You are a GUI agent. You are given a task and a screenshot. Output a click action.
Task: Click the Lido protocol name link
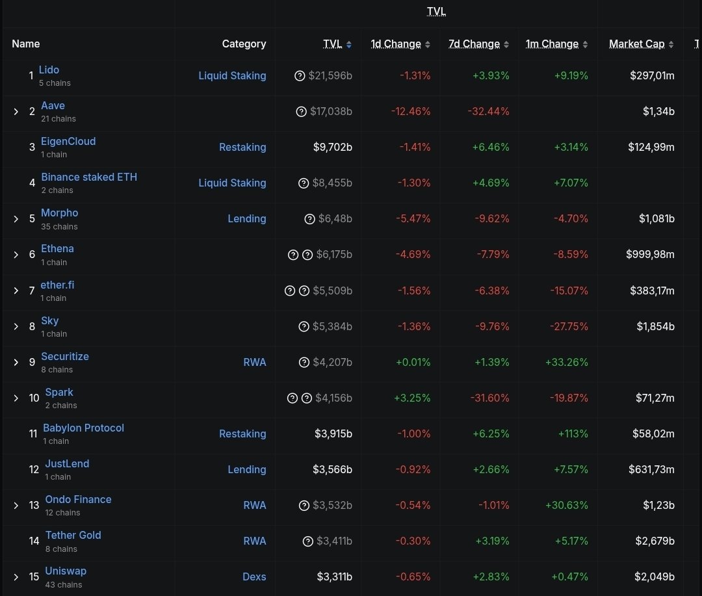(x=49, y=70)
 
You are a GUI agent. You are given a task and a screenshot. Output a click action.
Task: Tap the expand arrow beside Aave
(x=16, y=112)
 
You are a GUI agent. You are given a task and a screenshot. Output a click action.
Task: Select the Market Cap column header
(x=636, y=44)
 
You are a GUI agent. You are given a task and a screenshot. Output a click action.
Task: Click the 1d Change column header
(x=396, y=44)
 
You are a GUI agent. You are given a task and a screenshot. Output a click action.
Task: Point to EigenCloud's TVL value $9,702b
(x=332, y=147)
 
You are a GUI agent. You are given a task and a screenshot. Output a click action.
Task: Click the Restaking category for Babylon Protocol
(x=242, y=434)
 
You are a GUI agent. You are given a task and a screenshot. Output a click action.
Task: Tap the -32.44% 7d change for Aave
(x=488, y=111)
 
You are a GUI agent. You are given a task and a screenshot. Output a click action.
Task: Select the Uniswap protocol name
(x=66, y=571)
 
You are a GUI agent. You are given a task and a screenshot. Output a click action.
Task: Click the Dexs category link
(x=254, y=577)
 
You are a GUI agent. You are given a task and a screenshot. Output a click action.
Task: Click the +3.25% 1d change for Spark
(x=412, y=398)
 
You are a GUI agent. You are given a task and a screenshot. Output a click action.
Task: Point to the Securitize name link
(x=65, y=356)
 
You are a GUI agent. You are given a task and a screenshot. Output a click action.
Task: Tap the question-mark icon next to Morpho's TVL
(x=309, y=219)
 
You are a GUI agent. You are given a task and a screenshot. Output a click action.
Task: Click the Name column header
(x=26, y=44)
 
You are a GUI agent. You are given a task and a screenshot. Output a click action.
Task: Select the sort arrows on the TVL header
(x=349, y=45)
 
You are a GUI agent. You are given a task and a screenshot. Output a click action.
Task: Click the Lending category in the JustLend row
(x=246, y=469)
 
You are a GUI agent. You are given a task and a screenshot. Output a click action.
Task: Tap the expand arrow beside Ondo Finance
(x=16, y=506)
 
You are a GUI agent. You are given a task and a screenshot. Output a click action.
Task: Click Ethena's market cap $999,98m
(x=650, y=254)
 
